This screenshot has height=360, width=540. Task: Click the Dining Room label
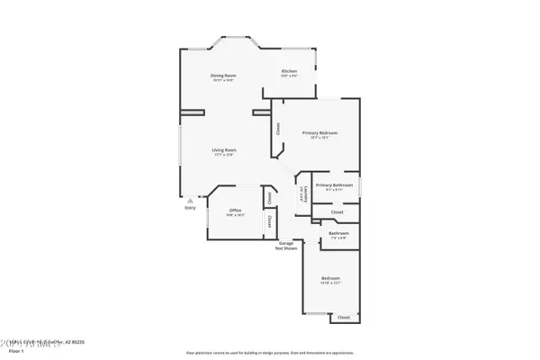[223, 75]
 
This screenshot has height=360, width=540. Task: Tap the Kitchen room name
[289, 71]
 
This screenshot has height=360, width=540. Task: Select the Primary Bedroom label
[319, 132]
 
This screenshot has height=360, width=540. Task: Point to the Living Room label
[224, 149]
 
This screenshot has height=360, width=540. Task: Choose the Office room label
[235, 210]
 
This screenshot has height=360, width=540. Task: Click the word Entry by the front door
[190, 208]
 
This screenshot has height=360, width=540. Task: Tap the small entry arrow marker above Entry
[189, 200]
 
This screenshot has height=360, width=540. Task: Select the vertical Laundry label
[301, 193]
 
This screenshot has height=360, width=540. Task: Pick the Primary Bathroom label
[334, 184]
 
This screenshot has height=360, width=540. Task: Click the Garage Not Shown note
[287, 245]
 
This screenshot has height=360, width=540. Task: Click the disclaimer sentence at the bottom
[269, 353]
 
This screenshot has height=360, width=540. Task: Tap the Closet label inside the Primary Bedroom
[278, 128]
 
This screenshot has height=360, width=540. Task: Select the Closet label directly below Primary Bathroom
[337, 212]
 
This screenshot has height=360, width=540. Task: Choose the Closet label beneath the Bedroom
[343, 318]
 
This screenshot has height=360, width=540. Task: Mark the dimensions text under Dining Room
[223, 80]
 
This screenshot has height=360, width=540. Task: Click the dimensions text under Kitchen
[289, 76]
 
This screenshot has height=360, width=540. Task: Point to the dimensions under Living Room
[224, 155]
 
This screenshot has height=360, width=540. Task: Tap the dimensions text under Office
[235, 215]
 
